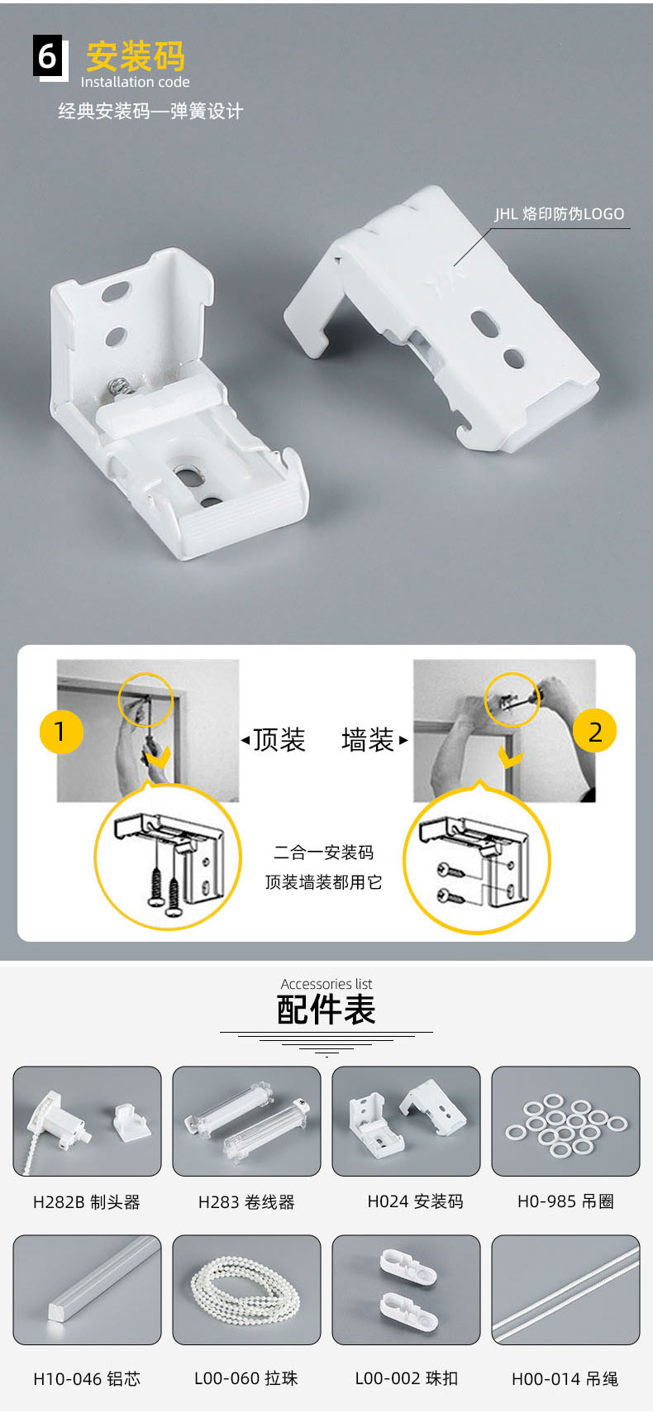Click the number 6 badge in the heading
(x=49, y=57)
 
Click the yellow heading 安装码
(x=136, y=56)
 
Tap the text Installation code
(x=135, y=82)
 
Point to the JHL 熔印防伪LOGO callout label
(x=560, y=214)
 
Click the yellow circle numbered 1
(x=61, y=732)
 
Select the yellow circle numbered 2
(x=594, y=731)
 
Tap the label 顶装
(x=279, y=739)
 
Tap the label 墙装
(x=368, y=739)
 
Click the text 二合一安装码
(x=324, y=852)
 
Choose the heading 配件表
(x=326, y=1010)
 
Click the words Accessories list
(x=326, y=984)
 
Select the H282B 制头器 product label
(x=87, y=1202)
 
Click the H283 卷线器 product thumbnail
(x=246, y=1121)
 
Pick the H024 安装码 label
(x=415, y=1201)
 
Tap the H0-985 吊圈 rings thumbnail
(x=565, y=1121)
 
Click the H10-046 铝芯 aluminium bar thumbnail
(x=87, y=1290)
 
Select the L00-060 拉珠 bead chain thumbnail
(x=246, y=1290)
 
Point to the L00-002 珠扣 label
(x=406, y=1378)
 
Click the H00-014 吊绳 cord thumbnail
(x=565, y=1290)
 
